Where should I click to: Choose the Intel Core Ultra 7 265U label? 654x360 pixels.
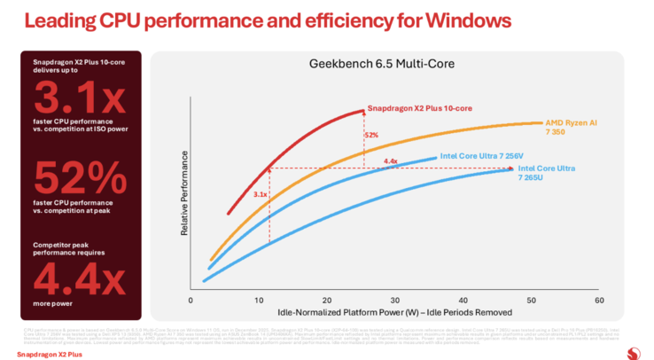click(546, 173)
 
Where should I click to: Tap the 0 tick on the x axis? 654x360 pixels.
click(190, 301)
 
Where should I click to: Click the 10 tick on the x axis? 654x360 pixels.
click(258, 301)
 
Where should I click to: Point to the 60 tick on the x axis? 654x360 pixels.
click(599, 301)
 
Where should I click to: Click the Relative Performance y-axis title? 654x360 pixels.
click(185, 193)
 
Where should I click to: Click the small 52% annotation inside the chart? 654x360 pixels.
click(371, 135)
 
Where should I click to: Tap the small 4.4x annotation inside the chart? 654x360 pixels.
click(391, 161)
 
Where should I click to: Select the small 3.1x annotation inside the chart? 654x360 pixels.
click(261, 193)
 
